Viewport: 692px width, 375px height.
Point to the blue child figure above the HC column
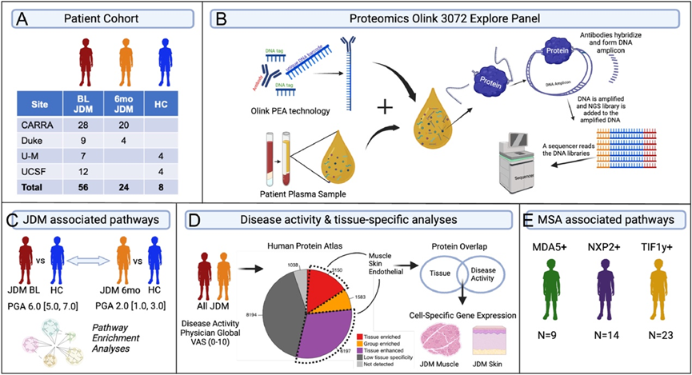tap(166, 61)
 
